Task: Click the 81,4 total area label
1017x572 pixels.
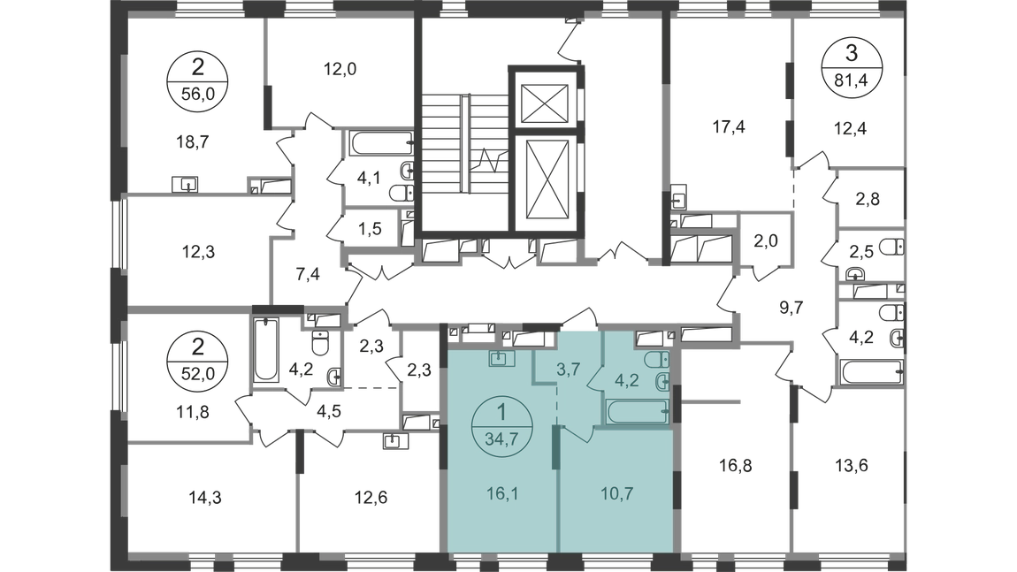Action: tap(851, 81)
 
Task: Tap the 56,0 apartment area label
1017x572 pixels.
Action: tap(197, 93)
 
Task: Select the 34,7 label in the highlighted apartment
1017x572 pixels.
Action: tap(501, 439)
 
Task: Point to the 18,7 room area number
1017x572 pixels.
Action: tap(193, 141)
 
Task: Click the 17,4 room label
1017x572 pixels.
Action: tap(729, 126)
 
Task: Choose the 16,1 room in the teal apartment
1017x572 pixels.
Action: tap(502, 494)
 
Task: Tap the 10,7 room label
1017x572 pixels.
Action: tap(616, 494)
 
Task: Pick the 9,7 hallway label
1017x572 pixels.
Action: tap(791, 308)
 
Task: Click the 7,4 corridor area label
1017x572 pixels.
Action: tap(308, 274)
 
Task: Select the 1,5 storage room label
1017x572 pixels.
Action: tap(370, 228)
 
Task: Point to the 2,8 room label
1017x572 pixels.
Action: tap(868, 199)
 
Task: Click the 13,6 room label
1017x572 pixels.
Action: tap(852, 466)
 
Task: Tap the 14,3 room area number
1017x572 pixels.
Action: tap(205, 498)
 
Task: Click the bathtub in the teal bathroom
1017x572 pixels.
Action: tap(637, 411)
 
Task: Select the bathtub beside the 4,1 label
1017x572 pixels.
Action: tap(381, 142)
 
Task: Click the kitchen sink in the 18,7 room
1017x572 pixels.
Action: tap(185, 184)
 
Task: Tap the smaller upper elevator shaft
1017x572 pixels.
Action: tap(545, 103)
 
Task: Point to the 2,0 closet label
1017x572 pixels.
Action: tap(766, 240)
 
